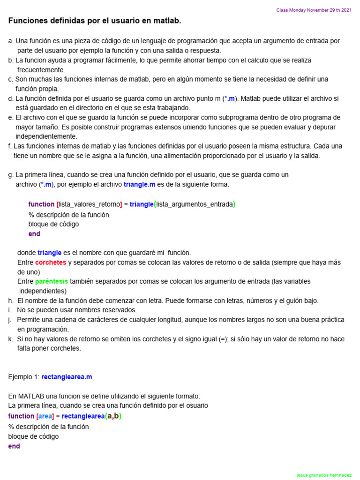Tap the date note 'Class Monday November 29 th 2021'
click(314, 10)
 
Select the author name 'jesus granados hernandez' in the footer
click(324, 475)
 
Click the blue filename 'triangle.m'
click(139, 184)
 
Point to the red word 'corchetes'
click(51, 262)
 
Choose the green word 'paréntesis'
click(52, 281)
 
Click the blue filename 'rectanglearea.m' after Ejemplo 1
click(67, 377)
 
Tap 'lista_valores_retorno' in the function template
click(89, 204)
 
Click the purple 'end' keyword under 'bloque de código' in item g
click(34, 234)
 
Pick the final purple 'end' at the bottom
click(14, 446)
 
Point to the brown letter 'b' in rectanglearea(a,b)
click(117, 416)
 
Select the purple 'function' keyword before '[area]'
click(21, 416)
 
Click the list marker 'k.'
click(11, 339)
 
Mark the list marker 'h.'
click(11, 300)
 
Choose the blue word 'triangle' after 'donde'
click(49, 253)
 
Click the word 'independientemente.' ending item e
click(46, 136)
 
